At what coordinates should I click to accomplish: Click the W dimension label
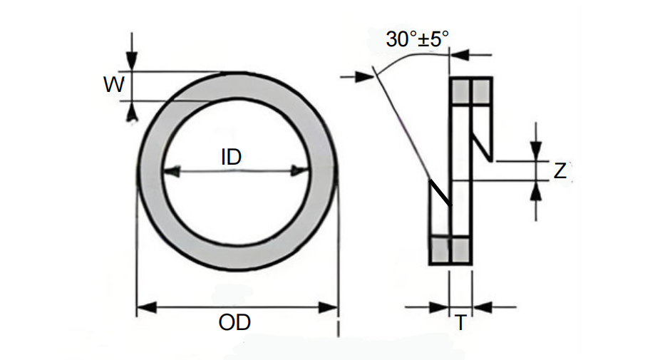click(113, 86)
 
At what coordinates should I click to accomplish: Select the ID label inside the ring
click(231, 157)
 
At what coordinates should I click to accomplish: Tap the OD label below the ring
click(234, 322)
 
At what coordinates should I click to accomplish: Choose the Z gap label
click(560, 171)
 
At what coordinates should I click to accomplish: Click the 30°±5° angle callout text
click(418, 39)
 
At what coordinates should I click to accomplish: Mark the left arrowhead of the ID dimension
click(171, 171)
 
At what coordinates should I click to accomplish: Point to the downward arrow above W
click(131, 60)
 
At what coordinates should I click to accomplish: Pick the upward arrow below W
click(131, 111)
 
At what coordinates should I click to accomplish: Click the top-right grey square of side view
click(481, 91)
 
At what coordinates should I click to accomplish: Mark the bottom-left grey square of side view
click(440, 250)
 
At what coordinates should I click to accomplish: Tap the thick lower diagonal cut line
click(440, 192)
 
